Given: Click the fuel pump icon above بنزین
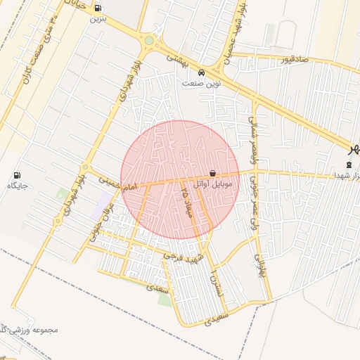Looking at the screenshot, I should point(96,8).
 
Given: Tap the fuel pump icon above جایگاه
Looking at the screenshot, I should point(18,176).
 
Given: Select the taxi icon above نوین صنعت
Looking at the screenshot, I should point(202,72).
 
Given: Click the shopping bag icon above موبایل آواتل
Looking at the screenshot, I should point(212,173).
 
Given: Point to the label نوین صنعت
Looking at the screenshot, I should point(202,83).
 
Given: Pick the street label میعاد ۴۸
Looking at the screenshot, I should point(186,201).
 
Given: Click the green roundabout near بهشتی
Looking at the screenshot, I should point(149,41).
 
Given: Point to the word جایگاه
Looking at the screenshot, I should point(18,186).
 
